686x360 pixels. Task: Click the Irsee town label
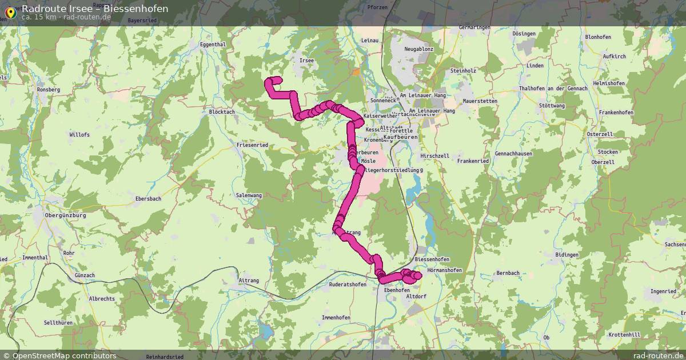[306, 60]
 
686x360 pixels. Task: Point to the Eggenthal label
[214, 44]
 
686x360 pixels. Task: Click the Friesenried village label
[252, 145]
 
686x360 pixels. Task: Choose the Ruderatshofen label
[348, 284]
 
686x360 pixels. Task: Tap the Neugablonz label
[419, 49]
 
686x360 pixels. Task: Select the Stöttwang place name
[552, 106]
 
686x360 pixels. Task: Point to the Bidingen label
[567, 254]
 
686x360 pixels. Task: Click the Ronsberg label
[48, 90]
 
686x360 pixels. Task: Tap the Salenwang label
[249, 195]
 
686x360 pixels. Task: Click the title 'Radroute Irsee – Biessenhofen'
[95, 9]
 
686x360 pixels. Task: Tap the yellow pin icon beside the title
[10, 12]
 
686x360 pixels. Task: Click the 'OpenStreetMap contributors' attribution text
[64, 355]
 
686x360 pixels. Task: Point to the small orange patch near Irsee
[356, 73]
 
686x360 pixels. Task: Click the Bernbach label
[508, 273]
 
